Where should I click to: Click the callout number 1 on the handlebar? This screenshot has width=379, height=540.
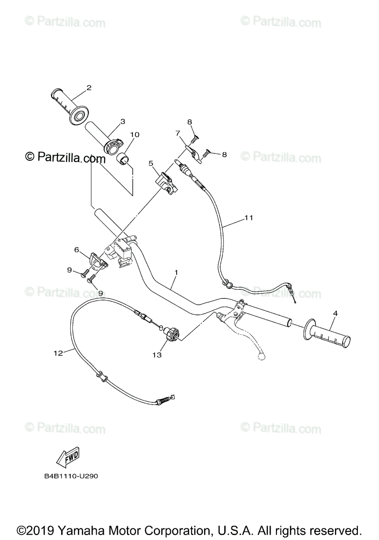point(177,272)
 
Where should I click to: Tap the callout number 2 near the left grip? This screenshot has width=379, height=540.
point(89,88)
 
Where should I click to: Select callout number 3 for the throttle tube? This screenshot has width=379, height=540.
point(122,121)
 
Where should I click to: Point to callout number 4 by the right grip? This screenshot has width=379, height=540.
point(335,313)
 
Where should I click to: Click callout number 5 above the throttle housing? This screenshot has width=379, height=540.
point(151,163)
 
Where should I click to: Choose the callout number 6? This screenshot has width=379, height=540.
point(76,249)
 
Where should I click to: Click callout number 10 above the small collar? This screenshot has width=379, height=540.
point(135,135)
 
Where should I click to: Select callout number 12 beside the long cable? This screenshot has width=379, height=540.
point(57,353)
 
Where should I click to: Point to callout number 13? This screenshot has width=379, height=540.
point(157,355)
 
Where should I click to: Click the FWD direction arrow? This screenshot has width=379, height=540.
point(67,459)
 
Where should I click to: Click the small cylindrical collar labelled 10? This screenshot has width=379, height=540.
point(123,158)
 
